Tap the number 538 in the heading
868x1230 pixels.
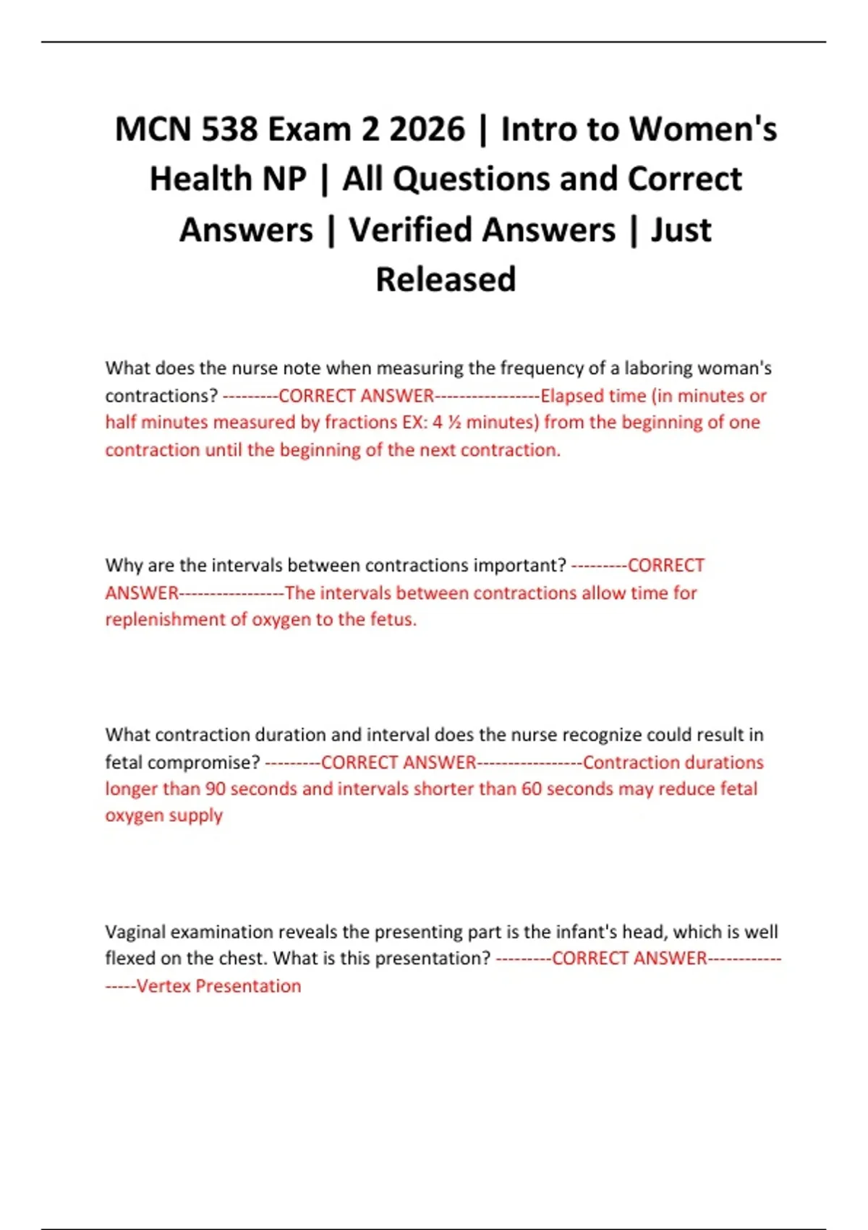coord(229,130)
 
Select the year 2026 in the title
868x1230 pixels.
coord(426,130)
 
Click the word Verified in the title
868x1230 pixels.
coord(482,230)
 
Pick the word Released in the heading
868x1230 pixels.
coord(446,280)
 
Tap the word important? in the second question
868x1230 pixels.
coord(518,565)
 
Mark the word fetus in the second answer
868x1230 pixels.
coord(391,620)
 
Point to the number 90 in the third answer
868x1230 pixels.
coord(215,789)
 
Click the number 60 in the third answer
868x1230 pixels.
coord(532,789)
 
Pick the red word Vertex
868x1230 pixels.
coord(164,986)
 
